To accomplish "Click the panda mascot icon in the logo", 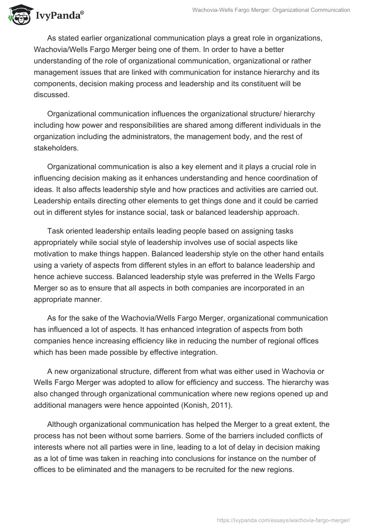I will [x=18, y=15].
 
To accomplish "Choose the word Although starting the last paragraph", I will [x=63, y=423].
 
